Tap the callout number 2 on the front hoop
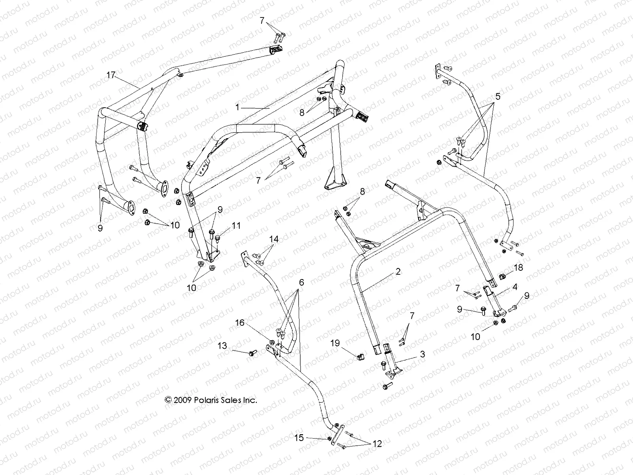(398, 272)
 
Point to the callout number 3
(423, 354)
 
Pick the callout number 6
(301, 282)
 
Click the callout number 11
(236, 226)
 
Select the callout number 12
(377, 444)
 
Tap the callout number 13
(222, 346)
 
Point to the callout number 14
(274, 239)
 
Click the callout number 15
(299, 437)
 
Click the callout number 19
(335, 343)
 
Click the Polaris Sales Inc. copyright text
(211, 400)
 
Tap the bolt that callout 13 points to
(252, 353)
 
